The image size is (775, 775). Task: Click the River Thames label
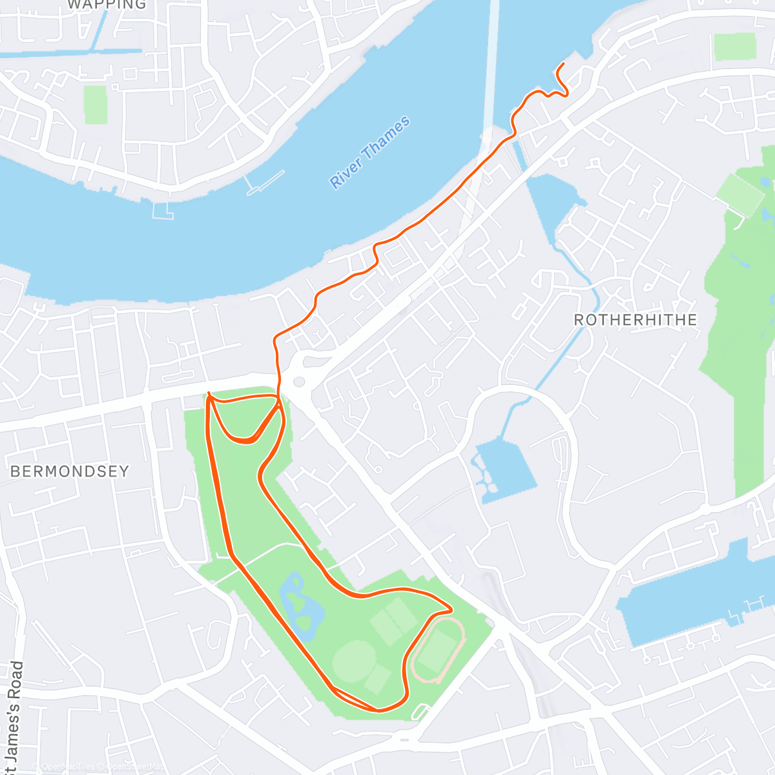tap(370, 152)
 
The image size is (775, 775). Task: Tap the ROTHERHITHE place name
tap(635, 320)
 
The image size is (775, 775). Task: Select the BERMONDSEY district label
tap(70, 471)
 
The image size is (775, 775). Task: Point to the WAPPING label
tap(107, 5)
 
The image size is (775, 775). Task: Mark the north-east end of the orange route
tap(563, 63)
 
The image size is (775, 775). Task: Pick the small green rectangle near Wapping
tap(95, 105)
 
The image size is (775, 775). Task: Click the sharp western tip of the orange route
tap(208, 393)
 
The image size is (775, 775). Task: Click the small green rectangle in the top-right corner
tap(734, 46)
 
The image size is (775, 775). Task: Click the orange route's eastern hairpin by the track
tap(450, 609)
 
